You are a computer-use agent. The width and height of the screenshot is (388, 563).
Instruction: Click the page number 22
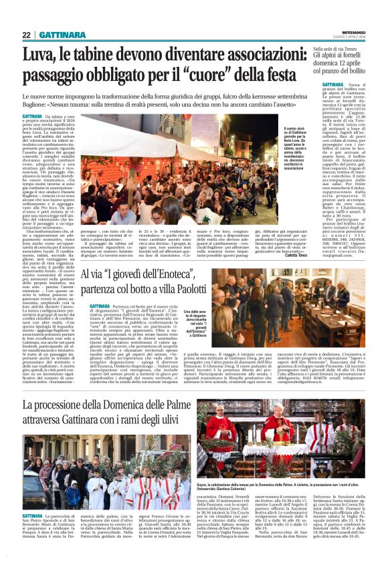26,35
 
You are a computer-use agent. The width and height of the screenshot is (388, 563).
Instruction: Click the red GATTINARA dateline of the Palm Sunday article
32,515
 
